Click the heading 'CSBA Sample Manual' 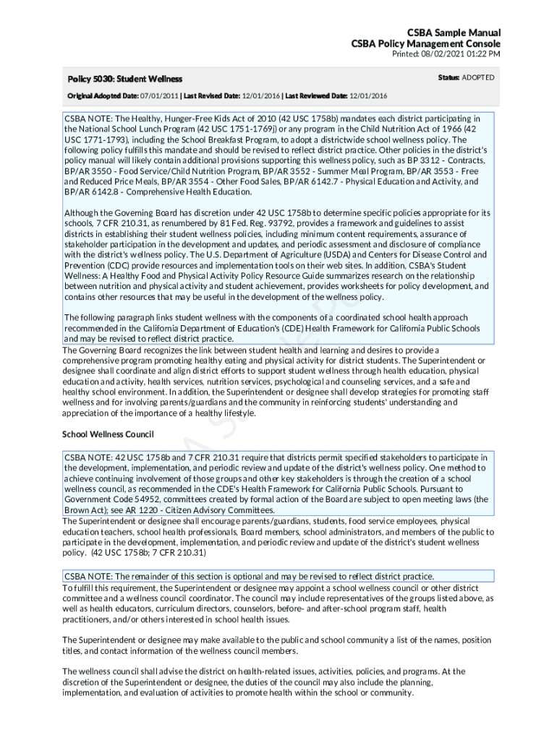(454, 33)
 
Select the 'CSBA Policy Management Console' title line (425, 44)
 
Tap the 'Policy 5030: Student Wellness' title (124, 78)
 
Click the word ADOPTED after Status (478, 77)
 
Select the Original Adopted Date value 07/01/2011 (158, 95)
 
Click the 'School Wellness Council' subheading (108, 434)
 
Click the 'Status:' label (448, 77)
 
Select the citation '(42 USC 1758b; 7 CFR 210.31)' (148, 553)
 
